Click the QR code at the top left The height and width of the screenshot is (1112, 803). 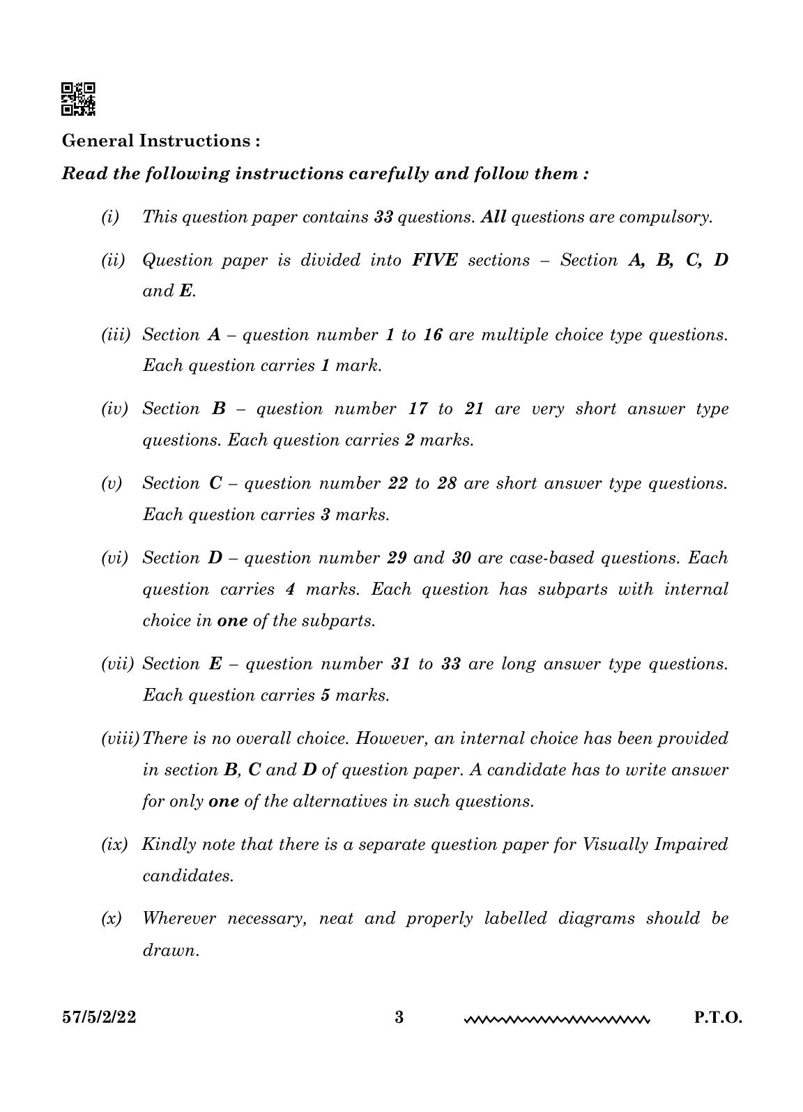[x=79, y=99]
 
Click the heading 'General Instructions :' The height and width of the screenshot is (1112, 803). [x=161, y=141]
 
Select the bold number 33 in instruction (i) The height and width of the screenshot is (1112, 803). [x=383, y=217]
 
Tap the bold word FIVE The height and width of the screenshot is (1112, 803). [x=435, y=261]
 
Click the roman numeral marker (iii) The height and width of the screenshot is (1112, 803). [x=116, y=335]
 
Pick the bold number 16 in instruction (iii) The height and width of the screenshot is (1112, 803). [x=432, y=335]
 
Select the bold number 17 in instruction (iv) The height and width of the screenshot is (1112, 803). [x=418, y=409]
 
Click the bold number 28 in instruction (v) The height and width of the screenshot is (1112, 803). [x=446, y=484]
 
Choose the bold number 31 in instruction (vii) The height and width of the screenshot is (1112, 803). [x=401, y=664]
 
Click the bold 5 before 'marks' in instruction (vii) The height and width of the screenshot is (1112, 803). [x=325, y=696]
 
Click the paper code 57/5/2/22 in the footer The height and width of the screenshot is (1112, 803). [x=99, y=1017]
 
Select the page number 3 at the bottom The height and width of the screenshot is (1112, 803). [x=399, y=1017]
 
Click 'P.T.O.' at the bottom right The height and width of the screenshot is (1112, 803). [x=718, y=1017]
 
